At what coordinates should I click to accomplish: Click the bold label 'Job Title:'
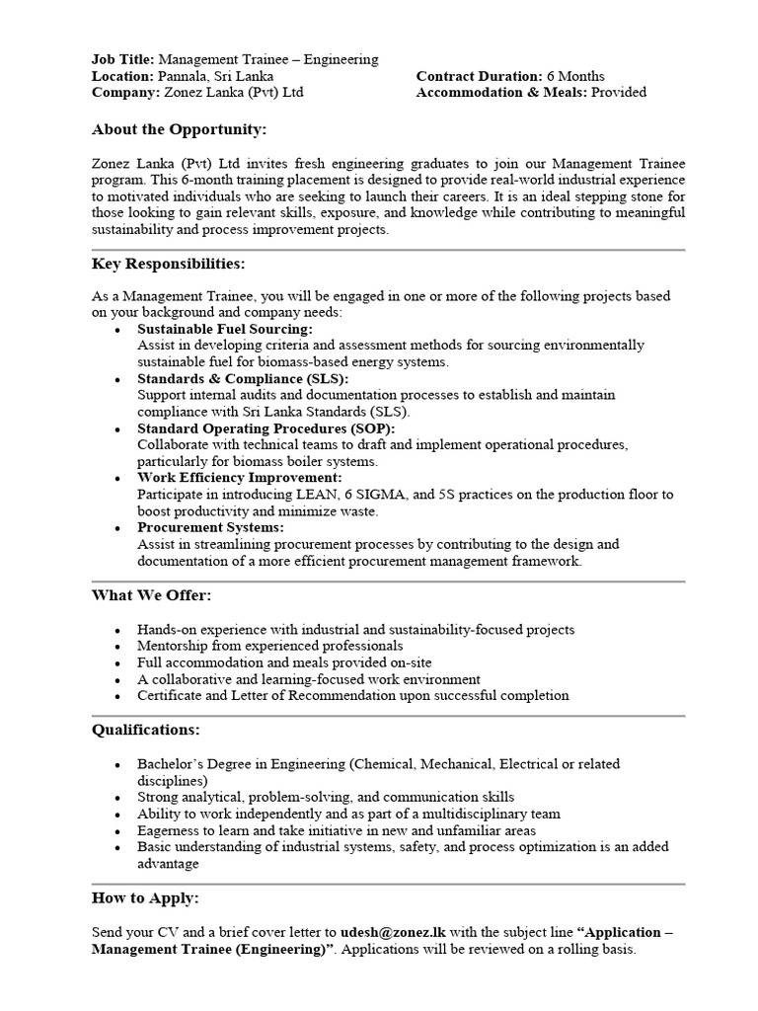click(x=122, y=59)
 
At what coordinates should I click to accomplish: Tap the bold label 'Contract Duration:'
click(x=479, y=76)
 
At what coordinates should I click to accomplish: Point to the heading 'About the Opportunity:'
click(x=179, y=129)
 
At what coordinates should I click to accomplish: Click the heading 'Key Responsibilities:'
click(x=169, y=264)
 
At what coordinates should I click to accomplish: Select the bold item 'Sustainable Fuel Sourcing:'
click(x=225, y=329)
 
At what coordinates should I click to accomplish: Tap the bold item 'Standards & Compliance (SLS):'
click(x=243, y=378)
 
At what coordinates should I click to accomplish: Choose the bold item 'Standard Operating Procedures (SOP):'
click(x=265, y=428)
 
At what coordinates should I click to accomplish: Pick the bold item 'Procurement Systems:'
click(x=208, y=527)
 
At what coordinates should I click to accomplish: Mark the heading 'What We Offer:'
click(x=151, y=595)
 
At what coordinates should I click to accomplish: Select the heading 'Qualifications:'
click(x=145, y=730)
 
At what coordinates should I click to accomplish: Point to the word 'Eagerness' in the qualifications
click(x=169, y=830)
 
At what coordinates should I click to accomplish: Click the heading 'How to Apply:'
click(x=145, y=897)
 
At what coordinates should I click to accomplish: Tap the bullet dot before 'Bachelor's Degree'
click(x=118, y=765)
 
